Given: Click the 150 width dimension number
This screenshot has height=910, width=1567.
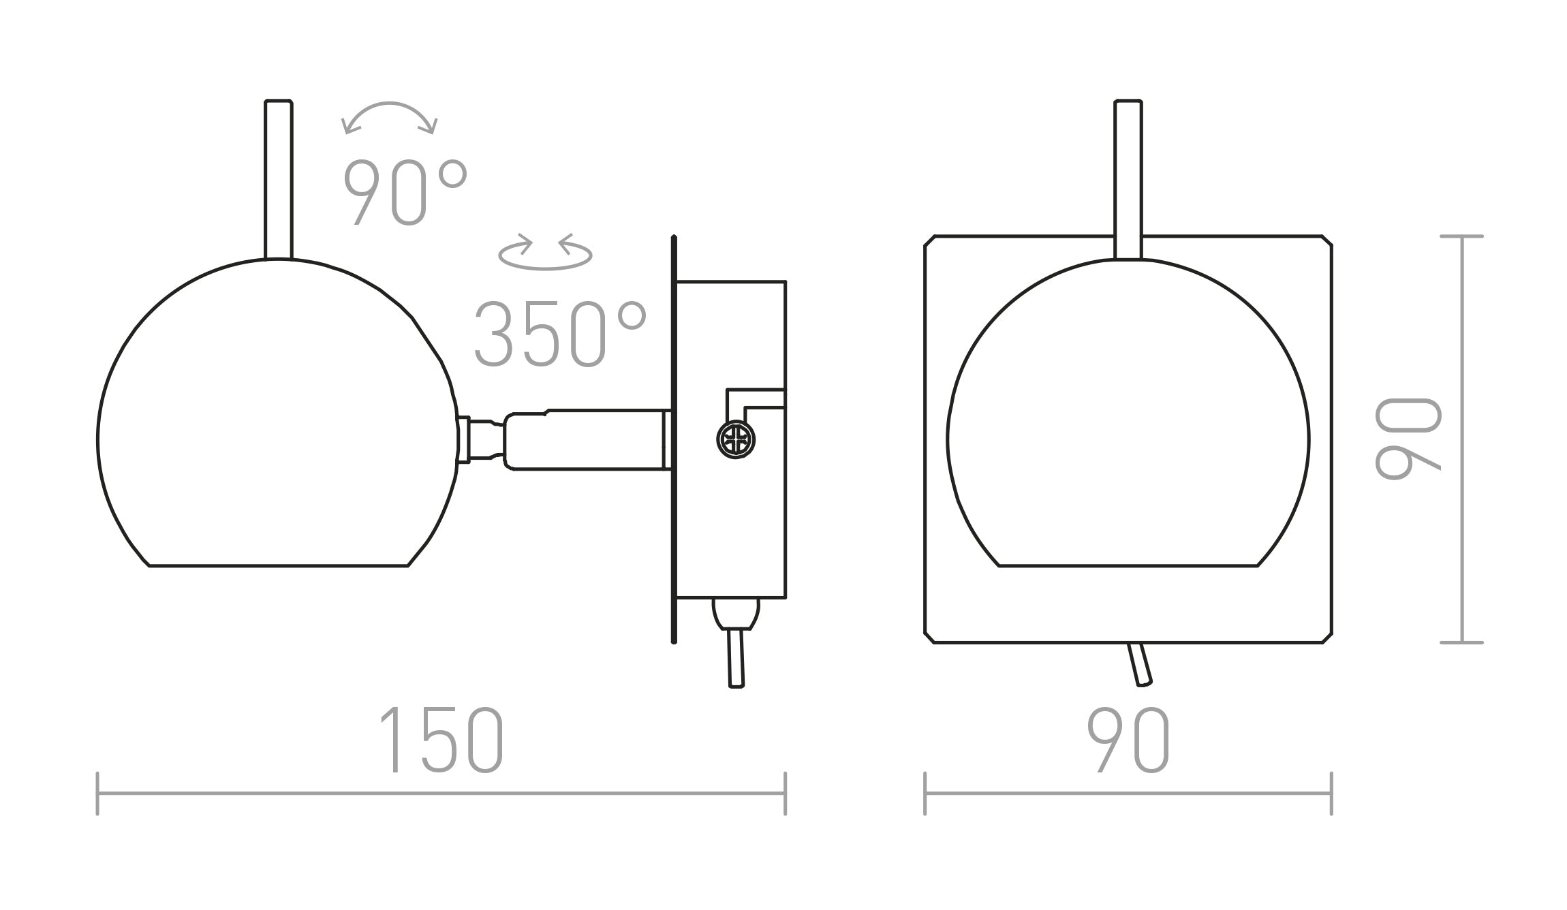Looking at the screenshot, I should click(441, 740).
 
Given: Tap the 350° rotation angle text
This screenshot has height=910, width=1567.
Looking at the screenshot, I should click(559, 334).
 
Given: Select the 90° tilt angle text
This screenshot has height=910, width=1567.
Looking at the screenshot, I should click(405, 192).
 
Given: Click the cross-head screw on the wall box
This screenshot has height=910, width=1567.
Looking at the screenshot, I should click(736, 439).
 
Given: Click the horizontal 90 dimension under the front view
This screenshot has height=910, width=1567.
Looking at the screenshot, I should click(1128, 740).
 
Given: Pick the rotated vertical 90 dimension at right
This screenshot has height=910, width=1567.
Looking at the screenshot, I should click(1408, 439).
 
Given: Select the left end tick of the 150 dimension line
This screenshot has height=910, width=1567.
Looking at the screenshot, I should click(98, 794).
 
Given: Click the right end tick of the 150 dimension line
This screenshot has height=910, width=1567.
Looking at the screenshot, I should click(786, 794).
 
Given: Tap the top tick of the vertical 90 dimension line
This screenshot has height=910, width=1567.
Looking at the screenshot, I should click(1462, 236).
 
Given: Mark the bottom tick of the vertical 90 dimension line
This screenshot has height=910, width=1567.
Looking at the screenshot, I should click(1462, 642).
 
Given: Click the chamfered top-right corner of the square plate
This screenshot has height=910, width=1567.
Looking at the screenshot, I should click(1326, 240).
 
